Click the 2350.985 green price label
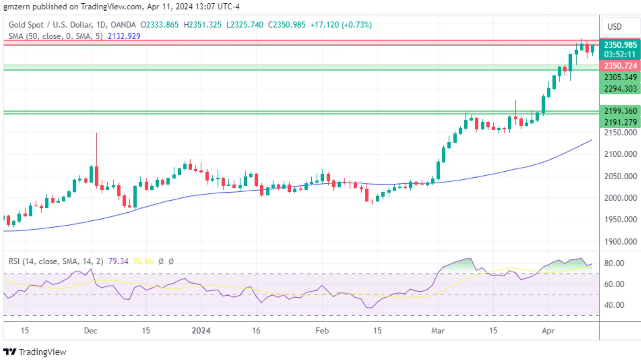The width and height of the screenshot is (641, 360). coord(620,45)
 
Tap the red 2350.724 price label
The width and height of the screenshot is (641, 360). coord(620,66)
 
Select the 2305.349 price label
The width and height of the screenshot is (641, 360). coord(620,77)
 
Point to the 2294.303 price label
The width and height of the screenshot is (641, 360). coord(620,89)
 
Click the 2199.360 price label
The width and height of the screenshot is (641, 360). coord(620,111)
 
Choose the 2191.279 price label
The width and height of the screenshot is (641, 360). coord(620,122)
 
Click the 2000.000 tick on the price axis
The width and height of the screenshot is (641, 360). coord(620,198)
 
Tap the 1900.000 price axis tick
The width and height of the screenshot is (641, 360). coord(620,242)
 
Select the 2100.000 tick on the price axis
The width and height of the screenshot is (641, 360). coord(620,154)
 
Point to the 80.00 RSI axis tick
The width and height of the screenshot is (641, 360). coord(614,263)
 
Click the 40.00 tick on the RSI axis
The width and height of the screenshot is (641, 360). coord(614,305)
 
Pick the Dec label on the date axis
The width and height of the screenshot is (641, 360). coord(91,331)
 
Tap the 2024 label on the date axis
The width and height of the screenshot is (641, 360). coord(201,331)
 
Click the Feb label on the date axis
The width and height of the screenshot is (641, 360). coord(322,331)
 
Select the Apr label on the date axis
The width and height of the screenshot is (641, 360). coord(548,331)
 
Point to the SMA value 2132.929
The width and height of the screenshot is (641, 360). coord(124,36)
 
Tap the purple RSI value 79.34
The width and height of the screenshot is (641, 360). coord(118,261)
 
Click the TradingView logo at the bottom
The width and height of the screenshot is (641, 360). coord(35,352)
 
